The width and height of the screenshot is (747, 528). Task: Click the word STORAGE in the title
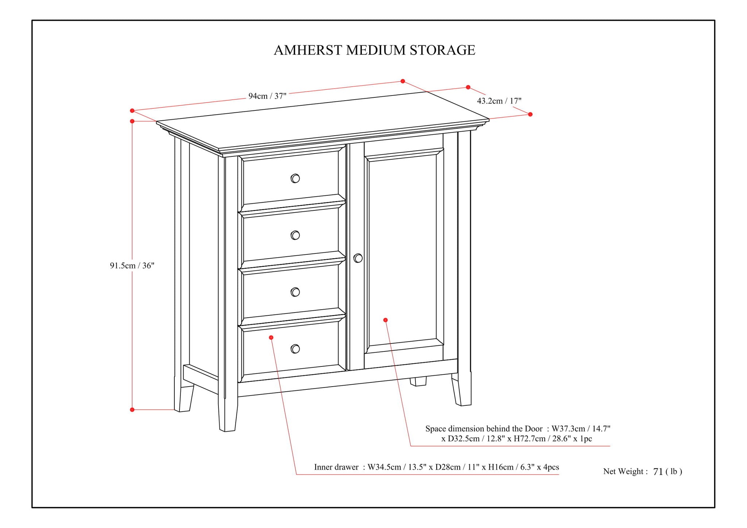[442, 50]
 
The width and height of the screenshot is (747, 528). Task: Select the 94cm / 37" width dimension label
[267, 96]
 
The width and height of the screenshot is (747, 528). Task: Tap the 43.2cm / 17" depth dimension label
[499, 101]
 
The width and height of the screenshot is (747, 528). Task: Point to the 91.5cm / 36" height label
[132, 265]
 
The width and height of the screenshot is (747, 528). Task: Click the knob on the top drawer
[295, 178]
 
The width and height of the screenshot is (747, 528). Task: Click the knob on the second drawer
[295, 235]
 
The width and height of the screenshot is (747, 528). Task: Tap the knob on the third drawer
[295, 292]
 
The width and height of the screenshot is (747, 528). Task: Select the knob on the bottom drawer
[295, 349]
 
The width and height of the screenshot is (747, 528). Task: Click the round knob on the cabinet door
[358, 258]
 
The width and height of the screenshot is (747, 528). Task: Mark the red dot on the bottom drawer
[271, 338]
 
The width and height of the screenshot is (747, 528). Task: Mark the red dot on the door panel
[385, 320]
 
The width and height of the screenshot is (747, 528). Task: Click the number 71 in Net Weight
[658, 472]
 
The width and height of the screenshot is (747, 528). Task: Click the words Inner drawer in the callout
[336, 467]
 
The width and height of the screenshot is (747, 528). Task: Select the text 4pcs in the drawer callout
[551, 467]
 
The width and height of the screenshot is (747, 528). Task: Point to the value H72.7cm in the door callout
[530, 439]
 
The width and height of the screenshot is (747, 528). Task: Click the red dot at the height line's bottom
[132, 409]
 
